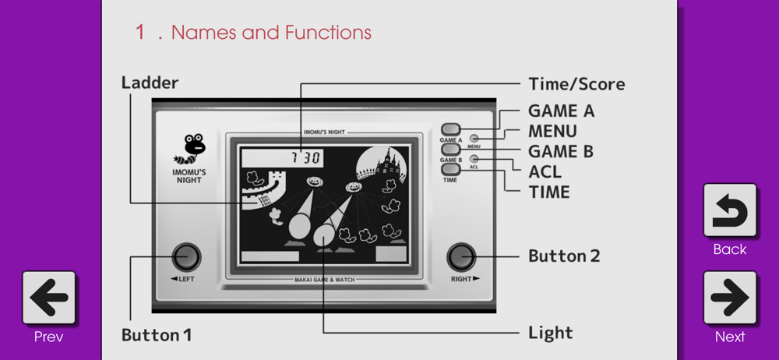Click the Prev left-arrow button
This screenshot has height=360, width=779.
(49, 298)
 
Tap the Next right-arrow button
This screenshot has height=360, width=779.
(730, 298)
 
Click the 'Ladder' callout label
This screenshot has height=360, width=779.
(150, 83)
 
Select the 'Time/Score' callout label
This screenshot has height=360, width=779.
(576, 84)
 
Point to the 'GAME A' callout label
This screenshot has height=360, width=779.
(561, 111)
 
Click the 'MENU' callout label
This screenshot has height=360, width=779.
(552, 131)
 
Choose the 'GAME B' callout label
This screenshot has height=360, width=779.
(561, 151)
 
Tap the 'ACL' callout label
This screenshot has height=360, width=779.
(545, 171)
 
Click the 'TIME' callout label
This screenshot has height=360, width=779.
(549, 192)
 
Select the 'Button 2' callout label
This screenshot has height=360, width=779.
(564, 256)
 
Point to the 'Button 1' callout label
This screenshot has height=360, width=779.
(157, 336)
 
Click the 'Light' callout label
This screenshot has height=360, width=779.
(550, 333)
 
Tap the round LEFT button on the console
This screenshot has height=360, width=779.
(185, 256)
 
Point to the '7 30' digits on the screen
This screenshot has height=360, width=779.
(305, 158)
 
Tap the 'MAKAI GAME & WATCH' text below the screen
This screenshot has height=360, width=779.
(325, 280)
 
